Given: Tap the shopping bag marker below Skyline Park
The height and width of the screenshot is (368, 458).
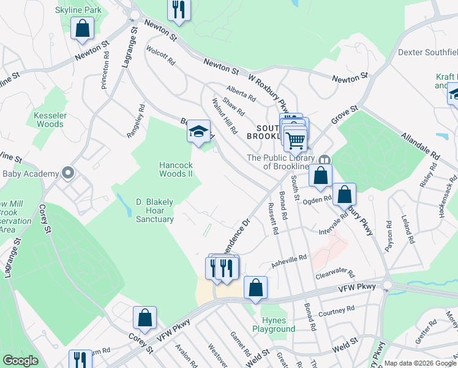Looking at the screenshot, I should (82, 28).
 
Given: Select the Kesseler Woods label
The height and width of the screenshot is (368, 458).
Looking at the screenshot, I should (49, 120).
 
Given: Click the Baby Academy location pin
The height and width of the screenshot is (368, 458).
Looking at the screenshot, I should (68, 174).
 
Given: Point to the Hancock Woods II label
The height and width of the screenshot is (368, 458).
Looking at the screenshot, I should (176, 169).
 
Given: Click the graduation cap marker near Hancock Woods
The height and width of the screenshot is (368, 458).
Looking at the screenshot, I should (198, 131).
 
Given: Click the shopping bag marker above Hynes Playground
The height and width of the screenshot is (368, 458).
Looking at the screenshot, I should (255, 288).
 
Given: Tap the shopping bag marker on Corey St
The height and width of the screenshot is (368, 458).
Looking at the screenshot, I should (145, 318).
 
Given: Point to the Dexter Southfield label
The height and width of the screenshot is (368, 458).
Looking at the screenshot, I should (427, 53).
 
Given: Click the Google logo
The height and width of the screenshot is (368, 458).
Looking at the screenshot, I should (20, 361).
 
